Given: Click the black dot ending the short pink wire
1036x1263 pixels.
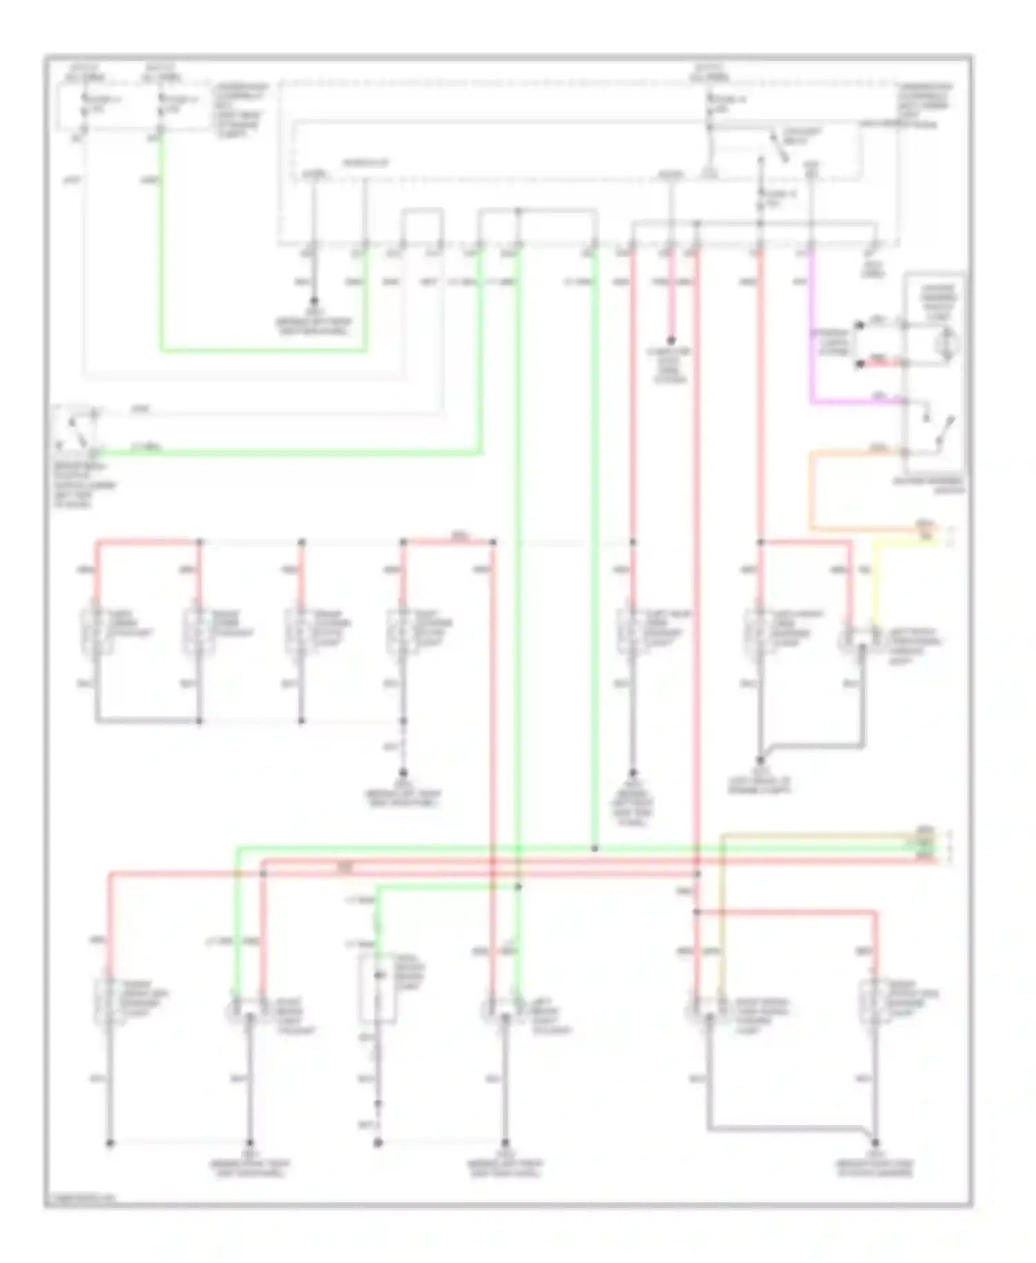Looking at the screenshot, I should coord(670,341).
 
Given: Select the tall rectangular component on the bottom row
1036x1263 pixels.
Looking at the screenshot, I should coord(377,988).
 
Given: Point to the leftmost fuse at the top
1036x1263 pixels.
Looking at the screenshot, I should coord(84,104).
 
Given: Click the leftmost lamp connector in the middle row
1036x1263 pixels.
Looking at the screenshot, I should coord(97,632).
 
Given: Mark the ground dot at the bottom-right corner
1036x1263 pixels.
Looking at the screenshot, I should coord(875,1143).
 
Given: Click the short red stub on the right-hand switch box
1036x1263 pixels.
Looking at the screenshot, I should coord(880,363).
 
